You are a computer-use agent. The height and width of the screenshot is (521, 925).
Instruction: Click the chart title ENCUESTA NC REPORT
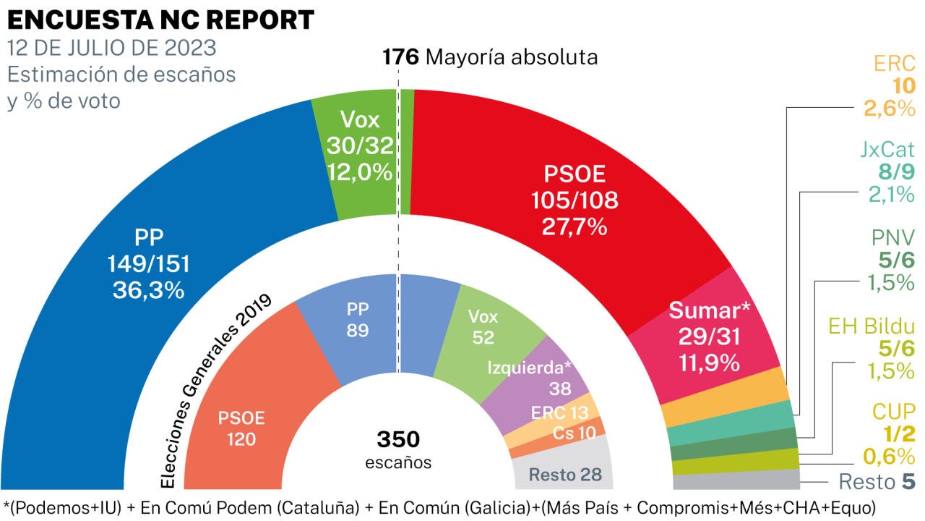pyautogui.click(x=160, y=19)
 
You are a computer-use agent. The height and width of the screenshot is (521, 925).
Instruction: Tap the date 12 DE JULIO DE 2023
pyautogui.click(x=111, y=48)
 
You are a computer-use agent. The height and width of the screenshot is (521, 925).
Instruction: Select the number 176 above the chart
pyautogui.click(x=400, y=56)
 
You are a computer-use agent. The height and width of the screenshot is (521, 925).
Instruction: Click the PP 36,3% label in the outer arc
pyautogui.click(x=148, y=290)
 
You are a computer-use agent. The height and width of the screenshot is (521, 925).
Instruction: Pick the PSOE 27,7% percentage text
pyautogui.click(x=575, y=226)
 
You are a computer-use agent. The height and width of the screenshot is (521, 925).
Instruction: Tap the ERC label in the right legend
pyautogui.click(x=895, y=64)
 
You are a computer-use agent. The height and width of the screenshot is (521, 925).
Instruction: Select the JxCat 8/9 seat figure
pyautogui.click(x=896, y=173)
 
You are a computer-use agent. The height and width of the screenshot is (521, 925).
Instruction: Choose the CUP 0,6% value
pyautogui.click(x=890, y=456)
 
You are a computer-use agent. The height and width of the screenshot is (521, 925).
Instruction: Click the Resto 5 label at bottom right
pyautogui.click(x=877, y=481)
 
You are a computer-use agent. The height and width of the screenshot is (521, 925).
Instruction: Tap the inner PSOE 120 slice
pyautogui.click(x=241, y=427)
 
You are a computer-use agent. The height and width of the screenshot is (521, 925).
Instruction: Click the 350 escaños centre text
pyautogui.click(x=398, y=449)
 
